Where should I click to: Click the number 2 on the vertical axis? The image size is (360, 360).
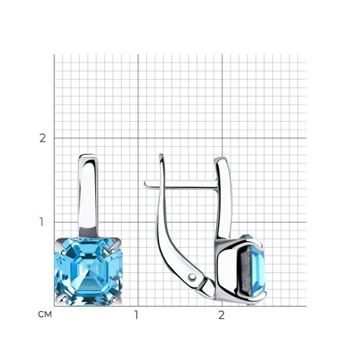(x=42, y=138)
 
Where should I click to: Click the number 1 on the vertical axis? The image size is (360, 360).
(x=42, y=222)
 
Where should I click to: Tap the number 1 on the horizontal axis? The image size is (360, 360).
(x=137, y=315)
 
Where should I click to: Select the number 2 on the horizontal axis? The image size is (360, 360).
(x=221, y=315)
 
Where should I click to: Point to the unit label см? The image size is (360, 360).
(x=45, y=315)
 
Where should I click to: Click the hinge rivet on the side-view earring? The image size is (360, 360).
(x=192, y=277)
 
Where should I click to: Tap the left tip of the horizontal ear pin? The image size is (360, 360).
(x=145, y=184)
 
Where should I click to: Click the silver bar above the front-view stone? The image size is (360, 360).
(x=89, y=197)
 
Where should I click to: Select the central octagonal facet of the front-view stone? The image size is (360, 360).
(x=89, y=271)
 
